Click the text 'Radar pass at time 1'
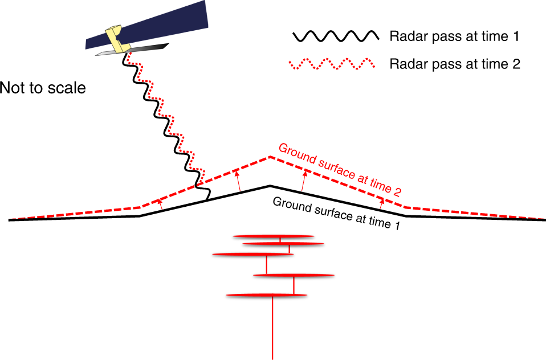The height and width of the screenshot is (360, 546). pyautogui.click(x=454, y=37)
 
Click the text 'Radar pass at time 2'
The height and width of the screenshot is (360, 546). pyautogui.click(x=455, y=63)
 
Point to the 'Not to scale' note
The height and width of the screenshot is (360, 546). pyautogui.click(x=43, y=88)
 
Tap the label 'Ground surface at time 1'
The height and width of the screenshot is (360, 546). pyautogui.click(x=336, y=213)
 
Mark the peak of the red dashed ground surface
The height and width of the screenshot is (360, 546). pyautogui.click(x=270, y=157)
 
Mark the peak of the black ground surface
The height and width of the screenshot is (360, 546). pyautogui.click(x=270, y=186)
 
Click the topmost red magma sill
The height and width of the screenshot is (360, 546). pyautogui.click(x=274, y=235)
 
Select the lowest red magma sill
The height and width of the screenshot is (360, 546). pyautogui.click(x=267, y=294)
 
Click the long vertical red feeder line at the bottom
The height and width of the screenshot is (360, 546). pyautogui.click(x=273, y=330)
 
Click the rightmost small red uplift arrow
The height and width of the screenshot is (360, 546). pyautogui.click(x=382, y=200)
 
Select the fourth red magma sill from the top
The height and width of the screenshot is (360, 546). pyautogui.click(x=293, y=275)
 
